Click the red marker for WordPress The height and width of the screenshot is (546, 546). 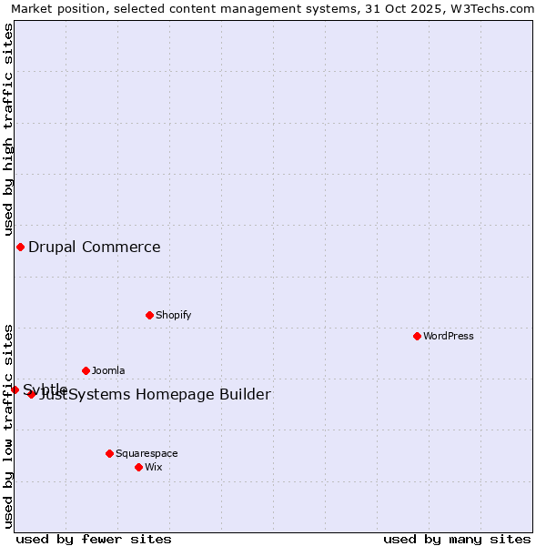coord(417,336)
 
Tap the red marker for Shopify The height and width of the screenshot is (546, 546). coord(149,315)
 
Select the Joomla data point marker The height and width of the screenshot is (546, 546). coord(86,370)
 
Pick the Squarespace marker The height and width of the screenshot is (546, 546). coord(109,453)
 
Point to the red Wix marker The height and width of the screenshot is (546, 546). coord(138,467)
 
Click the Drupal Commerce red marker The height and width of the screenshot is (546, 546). coord(20,247)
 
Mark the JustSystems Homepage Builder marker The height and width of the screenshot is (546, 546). coord(31,394)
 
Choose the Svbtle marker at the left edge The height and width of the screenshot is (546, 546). coord(15,389)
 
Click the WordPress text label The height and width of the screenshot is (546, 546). coord(449,336)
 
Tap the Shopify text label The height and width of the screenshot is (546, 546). coord(174,315)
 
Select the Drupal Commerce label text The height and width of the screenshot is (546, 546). coord(95,247)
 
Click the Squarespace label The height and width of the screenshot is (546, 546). coord(147,453)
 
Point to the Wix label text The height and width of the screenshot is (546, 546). coord(154,467)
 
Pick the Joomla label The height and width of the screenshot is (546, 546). coord(108,370)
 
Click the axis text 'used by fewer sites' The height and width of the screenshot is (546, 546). coord(94,539)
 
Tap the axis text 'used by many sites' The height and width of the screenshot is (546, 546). coord(457,539)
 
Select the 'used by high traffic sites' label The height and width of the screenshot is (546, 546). coord(8,129)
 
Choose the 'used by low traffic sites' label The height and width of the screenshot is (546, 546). coord(8,426)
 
